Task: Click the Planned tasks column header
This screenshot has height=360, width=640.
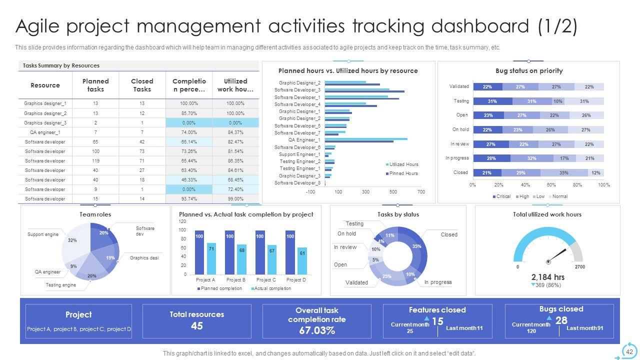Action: [95, 85]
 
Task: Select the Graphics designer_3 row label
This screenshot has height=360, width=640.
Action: [45, 122]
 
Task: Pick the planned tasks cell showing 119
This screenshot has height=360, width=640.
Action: [95, 161]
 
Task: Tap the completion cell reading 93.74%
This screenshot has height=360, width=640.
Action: [189, 199]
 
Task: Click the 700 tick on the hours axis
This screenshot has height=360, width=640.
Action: [421, 192]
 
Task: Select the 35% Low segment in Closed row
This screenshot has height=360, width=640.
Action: [563, 172]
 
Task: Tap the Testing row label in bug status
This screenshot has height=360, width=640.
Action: [461, 101]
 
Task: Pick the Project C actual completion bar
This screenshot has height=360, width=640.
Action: [272, 260]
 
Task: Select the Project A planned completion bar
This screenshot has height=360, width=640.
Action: [199, 252]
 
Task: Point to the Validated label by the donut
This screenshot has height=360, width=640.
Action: [356, 282]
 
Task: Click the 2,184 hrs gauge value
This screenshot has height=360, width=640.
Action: [548, 277]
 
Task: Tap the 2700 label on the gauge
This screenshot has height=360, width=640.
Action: [580, 267]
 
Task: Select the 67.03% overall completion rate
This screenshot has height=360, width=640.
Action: [316, 330]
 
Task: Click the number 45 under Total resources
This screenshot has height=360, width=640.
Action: [196, 326]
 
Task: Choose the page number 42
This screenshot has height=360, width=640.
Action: [629, 352]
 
